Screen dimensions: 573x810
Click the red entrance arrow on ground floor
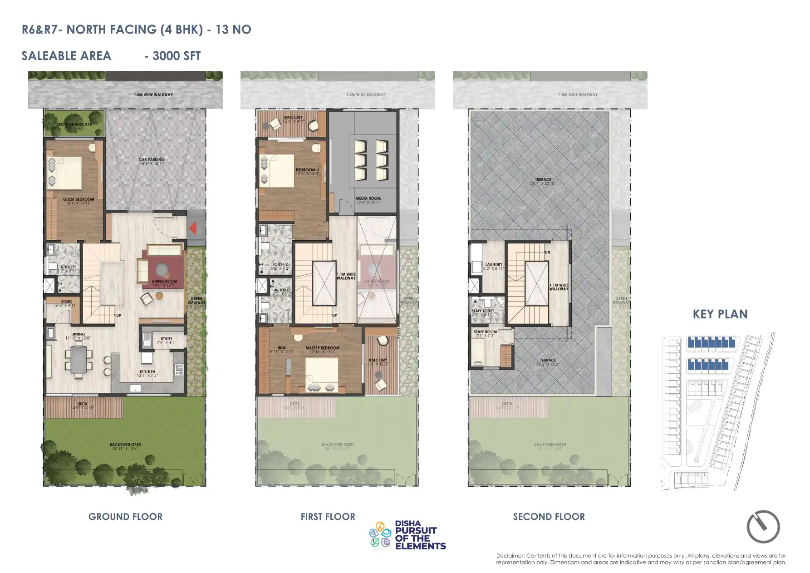[193, 228]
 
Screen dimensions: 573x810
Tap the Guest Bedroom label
[79, 199]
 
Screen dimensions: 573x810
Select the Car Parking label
[152, 160]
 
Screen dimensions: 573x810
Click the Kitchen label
[147, 371]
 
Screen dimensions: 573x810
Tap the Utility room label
[167, 338]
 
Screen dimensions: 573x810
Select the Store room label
[66, 301]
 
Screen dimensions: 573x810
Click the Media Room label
[368, 198]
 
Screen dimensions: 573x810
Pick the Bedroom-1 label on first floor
[308, 170]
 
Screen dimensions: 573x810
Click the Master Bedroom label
[322, 348]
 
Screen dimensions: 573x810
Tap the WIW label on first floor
[281, 348]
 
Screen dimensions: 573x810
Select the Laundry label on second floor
[494, 264]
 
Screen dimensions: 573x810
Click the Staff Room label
[485, 332]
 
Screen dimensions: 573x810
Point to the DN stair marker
[547, 252]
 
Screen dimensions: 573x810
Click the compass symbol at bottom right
[763, 527]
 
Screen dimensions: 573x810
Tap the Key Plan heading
[720, 314]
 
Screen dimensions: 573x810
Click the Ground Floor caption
[125, 517]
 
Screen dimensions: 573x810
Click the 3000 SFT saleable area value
[177, 56]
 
